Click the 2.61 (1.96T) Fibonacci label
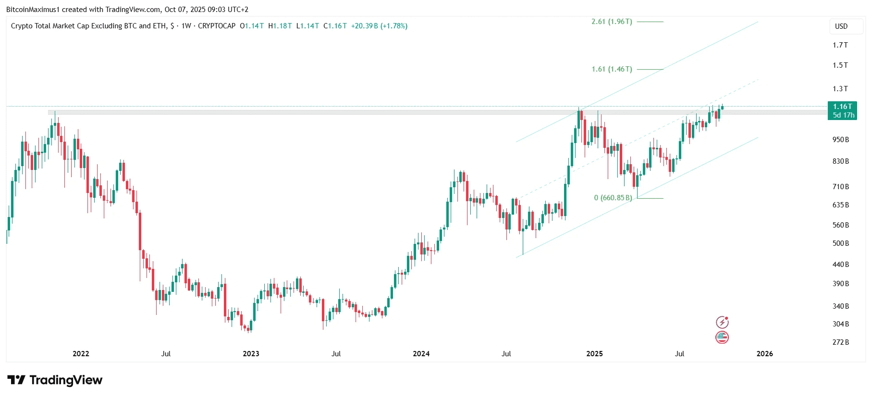pyautogui.click(x=612, y=22)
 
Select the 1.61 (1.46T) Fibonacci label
pyautogui.click(x=612, y=69)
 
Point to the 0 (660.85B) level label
pyautogui.click(x=613, y=198)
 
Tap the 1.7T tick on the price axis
pyautogui.click(x=840, y=45)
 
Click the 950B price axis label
pyautogui.click(x=841, y=140)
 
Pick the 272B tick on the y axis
pyautogui.click(x=841, y=342)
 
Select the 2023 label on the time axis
pyautogui.click(x=251, y=354)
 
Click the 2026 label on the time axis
pyautogui.click(x=765, y=354)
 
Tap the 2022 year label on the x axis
pyautogui.click(x=81, y=354)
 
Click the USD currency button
pyautogui.click(x=841, y=26)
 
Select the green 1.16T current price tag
pyautogui.click(x=843, y=111)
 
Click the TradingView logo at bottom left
pyautogui.click(x=55, y=380)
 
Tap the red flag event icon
pyautogui.click(x=722, y=338)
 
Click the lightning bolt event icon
pyautogui.click(x=722, y=322)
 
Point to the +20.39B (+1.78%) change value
pyautogui.click(x=379, y=26)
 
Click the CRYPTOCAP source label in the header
pyautogui.click(x=217, y=26)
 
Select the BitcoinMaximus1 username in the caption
pyautogui.click(x=33, y=10)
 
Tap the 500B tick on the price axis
pyautogui.click(x=841, y=243)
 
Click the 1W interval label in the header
pyautogui.click(x=186, y=26)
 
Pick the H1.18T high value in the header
pyautogui.click(x=280, y=26)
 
